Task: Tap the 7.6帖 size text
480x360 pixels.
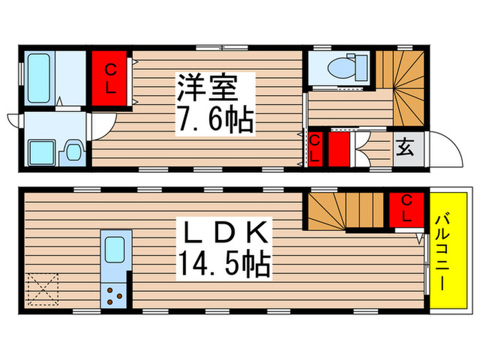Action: [214, 122]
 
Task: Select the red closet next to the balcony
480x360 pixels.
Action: [406, 209]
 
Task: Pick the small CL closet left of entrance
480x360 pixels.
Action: [315, 148]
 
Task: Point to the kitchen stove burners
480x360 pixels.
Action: [114, 296]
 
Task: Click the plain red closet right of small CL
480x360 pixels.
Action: [338, 148]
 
